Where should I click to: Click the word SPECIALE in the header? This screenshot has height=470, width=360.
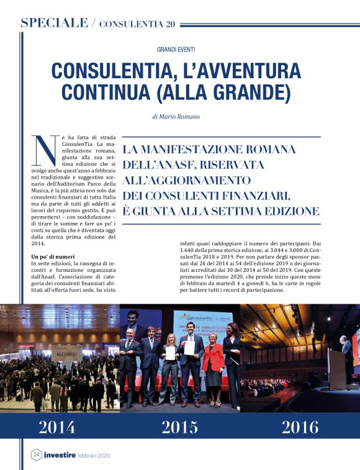[x=54, y=23]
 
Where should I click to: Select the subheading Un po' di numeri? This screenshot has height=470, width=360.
[x=54, y=256]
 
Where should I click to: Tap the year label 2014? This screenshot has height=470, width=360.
[x=57, y=427]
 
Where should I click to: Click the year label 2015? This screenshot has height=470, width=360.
[x=180, y=427]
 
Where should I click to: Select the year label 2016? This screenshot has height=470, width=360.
[x=300, y=427]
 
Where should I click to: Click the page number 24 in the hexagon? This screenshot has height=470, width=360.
[x=36, y=455]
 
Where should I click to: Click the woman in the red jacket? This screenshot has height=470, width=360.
[x=213, y=363]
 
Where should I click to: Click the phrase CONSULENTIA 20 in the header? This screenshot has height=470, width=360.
[x=137, y=24]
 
